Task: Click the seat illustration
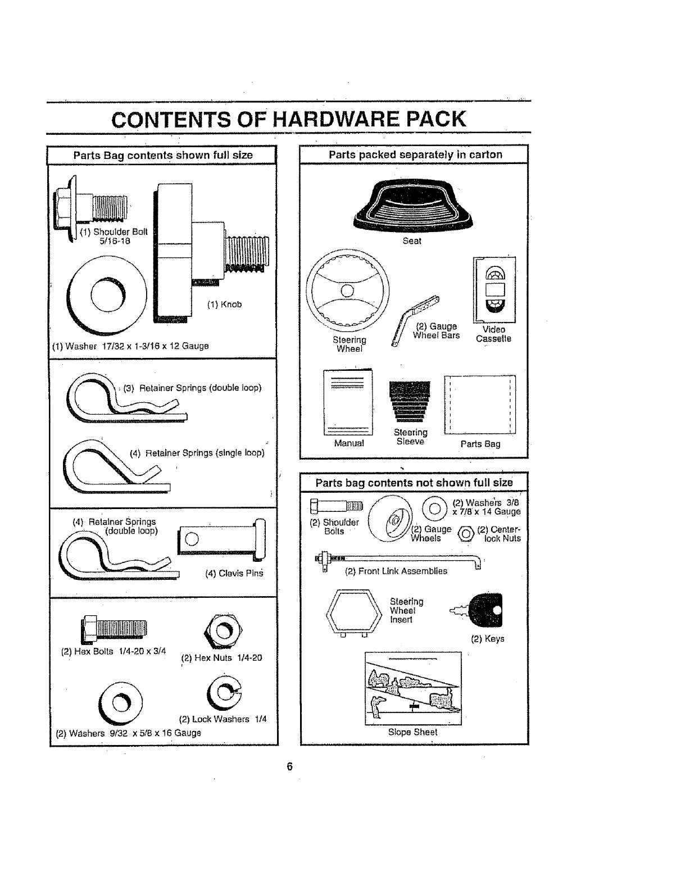pyautogui.click(x=413, y=205)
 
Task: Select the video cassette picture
pyautogui.click(x=494, y=289)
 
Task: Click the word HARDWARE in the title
pyautogui.click(x=336, y=119)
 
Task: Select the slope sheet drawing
pyautogui.click(x=413, y=688)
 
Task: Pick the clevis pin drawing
pyautogui.click(x=221, y=539)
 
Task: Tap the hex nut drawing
pyautogui.click(x=223, y=631)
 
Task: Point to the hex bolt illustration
pyautogui.click(x=114, y=628)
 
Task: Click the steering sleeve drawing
pyautogui.click(x=410, y=401)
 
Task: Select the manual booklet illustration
pyautogui.click(x=348, y=402)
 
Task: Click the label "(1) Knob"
pyautogui.click(x=224, y=305)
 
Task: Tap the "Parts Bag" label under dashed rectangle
pyautogui.click(x=480, y=444)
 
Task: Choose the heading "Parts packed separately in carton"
pyautogui.click(x=415, y=155)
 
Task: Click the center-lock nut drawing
pyautogui.click(x=466, y=534)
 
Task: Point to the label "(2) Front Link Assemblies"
pyautogui.click(x=396, y=571)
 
